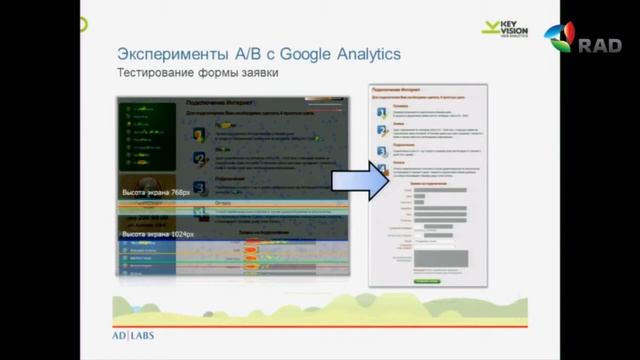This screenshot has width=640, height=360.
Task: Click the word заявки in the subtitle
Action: click(x=256, y=73)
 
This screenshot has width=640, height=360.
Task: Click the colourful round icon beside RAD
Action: click(x=560, y=38)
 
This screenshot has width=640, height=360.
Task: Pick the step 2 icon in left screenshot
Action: click(x=200, y=158)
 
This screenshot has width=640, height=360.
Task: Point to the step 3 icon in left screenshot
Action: click(x=200, y=188)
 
